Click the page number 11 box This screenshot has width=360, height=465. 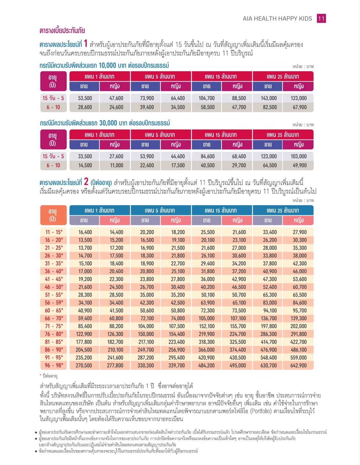[321, 19]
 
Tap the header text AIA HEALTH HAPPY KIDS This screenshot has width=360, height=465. [277, 19]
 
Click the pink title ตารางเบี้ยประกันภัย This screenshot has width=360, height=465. [62, 31]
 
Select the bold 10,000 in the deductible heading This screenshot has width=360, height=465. [107, 66]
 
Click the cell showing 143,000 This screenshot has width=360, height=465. [269, 98]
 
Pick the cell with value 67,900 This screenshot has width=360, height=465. [300, 107]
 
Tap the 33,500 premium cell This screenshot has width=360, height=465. [85, 156]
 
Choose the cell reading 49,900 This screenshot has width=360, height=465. [300, 165]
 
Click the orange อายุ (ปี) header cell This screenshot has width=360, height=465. [53, 215]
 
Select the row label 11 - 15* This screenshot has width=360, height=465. [54, 232]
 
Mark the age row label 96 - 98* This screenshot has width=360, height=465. [54, 365]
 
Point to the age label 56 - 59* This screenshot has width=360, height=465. [54, 303]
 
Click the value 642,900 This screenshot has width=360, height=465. [298, 365]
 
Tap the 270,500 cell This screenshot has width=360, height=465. [84, 365]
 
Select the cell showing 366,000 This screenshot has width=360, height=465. [206, 350]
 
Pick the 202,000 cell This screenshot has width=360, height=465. [298, 326]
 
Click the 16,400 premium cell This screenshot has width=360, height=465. [85, 232]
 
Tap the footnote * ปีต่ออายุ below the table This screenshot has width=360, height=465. [49, 376]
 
